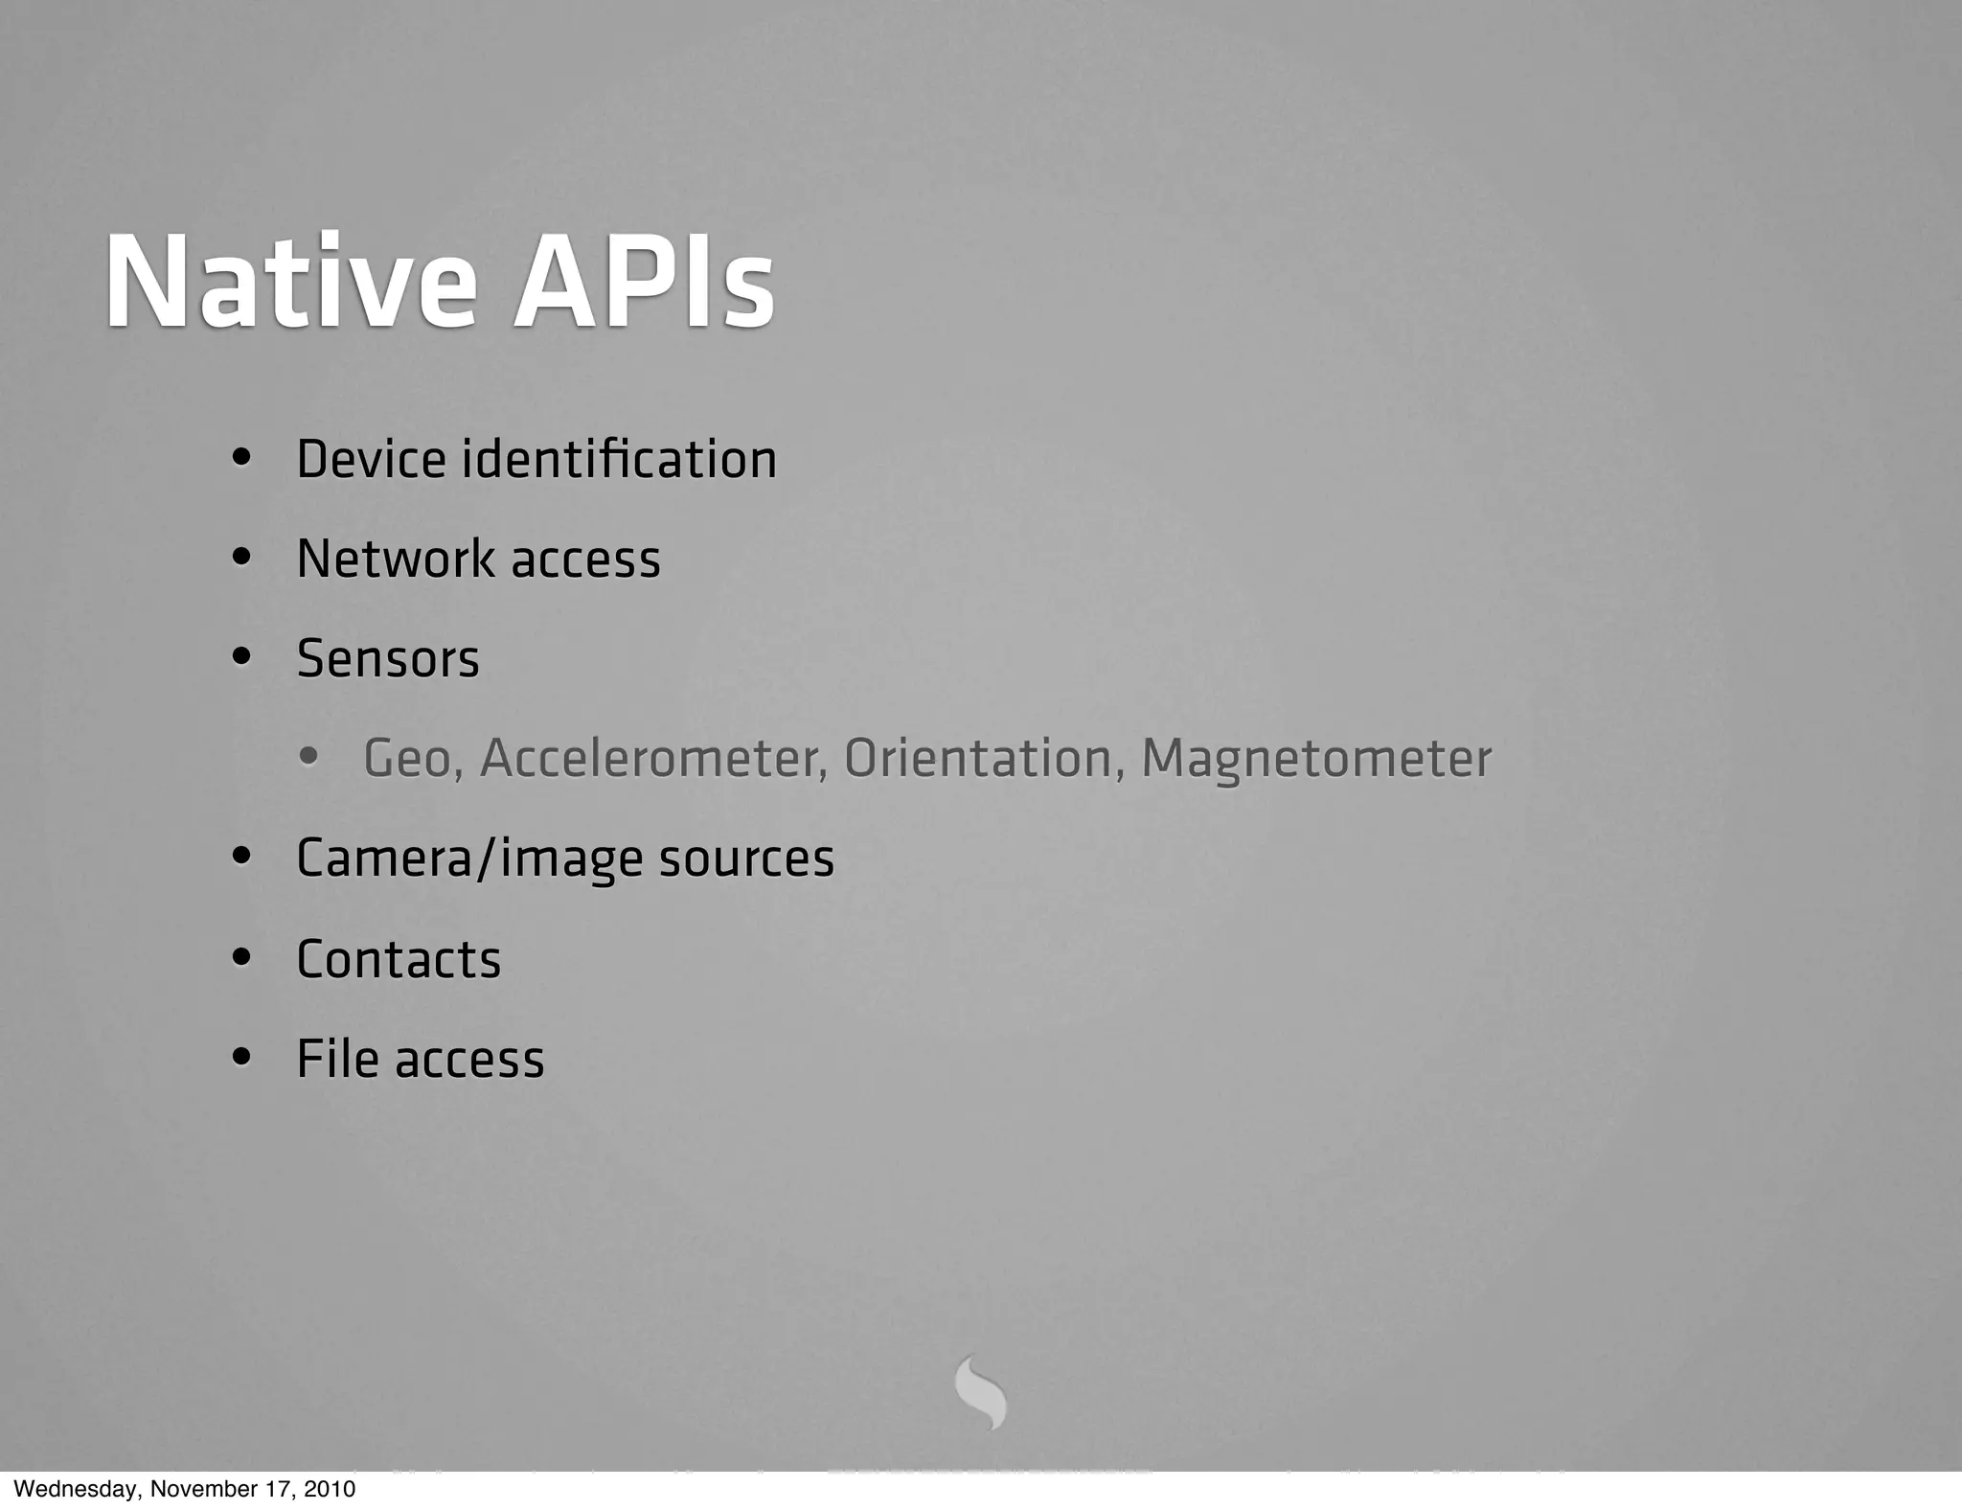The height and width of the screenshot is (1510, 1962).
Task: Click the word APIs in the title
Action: [644, 284]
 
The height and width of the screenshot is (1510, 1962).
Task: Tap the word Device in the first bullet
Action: [371, 459]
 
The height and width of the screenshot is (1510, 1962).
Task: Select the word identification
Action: [619, 459]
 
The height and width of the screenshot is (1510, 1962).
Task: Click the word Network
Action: [397, 559]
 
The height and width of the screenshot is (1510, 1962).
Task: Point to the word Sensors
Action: [388, 659]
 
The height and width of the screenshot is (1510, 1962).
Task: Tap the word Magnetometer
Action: [1316, 759]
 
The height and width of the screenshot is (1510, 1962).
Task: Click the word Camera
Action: [384, 858]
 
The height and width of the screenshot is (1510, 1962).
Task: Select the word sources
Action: [746, 859]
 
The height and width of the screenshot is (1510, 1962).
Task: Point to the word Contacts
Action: [399, 959]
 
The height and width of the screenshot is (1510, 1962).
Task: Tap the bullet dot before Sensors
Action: [241, 658]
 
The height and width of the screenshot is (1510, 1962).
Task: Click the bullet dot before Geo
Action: [308, 758]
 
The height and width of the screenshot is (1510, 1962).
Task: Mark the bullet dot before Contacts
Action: [241, 958]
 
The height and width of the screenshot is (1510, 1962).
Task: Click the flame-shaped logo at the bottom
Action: [981, 1392]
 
